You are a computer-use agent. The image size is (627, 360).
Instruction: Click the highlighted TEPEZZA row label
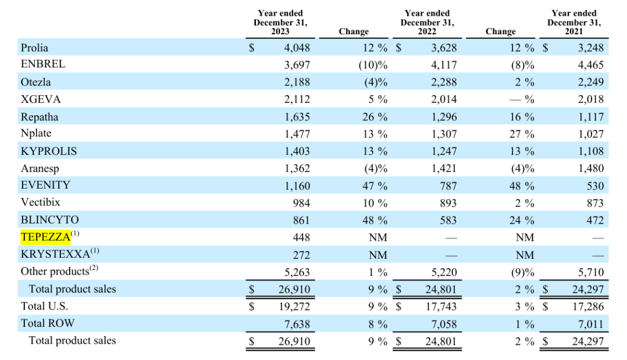pos(45,237)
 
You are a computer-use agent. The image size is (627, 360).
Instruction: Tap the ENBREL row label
pos(43,64)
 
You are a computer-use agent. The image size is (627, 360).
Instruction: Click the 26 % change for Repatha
pos(375,117)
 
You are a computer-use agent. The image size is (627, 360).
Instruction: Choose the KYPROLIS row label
pos(49,151)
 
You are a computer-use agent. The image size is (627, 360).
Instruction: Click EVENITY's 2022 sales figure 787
pos(448,186)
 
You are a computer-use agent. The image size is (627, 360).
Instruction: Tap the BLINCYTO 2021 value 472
pos(595,220)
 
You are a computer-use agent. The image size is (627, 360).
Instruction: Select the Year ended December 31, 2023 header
pos(280,22)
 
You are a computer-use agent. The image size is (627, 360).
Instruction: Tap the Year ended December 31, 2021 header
pos(574,22)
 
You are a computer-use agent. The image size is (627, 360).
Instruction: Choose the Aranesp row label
pos(39,168)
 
